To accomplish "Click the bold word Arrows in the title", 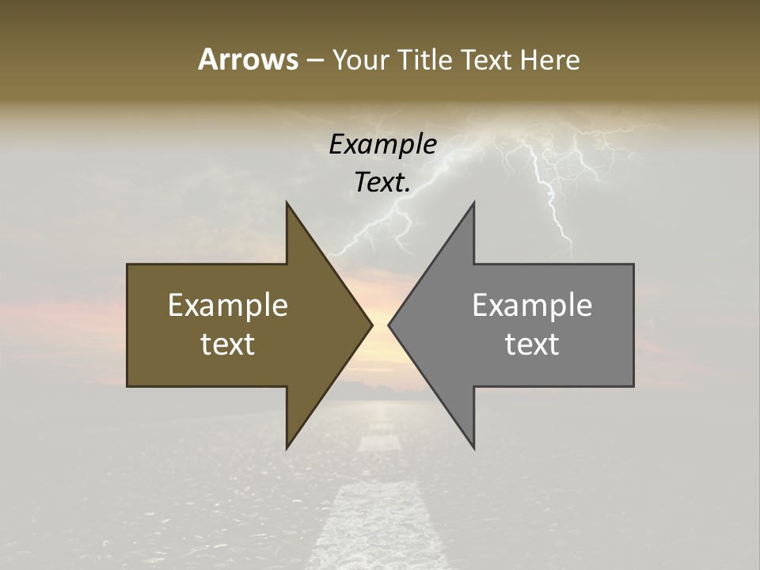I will coord(248,59).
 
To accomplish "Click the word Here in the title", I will coord(550,59).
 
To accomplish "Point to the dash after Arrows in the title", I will coord(314,60).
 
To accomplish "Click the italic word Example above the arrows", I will coord(383,144).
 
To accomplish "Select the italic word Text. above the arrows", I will coord(383,182).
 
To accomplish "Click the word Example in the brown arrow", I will coord(228,306).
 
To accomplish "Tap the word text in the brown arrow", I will coord(228,344).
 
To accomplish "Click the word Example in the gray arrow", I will coord(532,306).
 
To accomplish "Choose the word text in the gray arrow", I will coord(532,344).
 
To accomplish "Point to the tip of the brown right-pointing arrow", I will coord(371,325).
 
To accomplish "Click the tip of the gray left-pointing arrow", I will coord(389,325).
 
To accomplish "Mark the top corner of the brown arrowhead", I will coord(287,203).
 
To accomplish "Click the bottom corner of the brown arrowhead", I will coord(287,448).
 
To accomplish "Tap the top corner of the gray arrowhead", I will coord(473,203).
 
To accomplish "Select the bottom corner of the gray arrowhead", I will coord(473,448).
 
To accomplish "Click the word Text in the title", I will coord(484,59).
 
